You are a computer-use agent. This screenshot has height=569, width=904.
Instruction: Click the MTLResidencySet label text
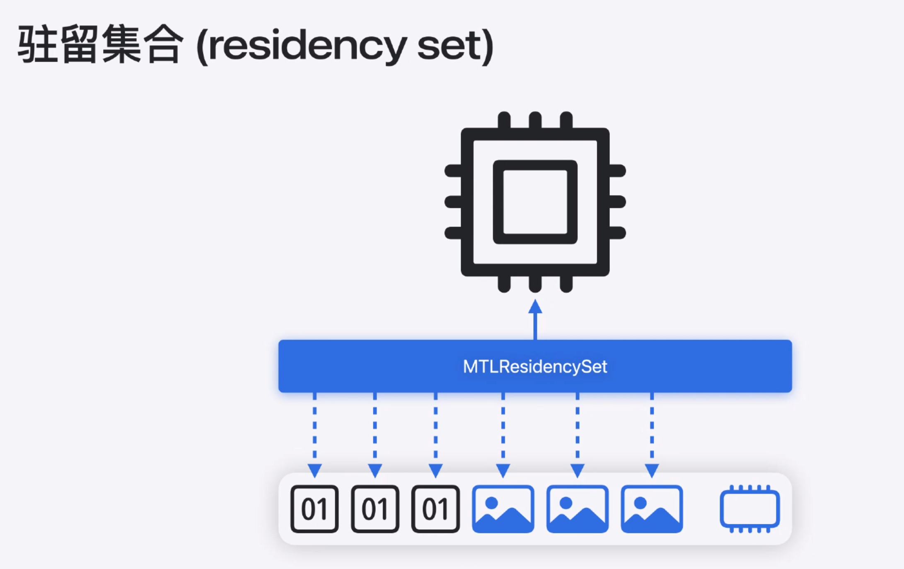(535, 366)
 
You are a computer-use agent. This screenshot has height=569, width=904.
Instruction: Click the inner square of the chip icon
(535, 202)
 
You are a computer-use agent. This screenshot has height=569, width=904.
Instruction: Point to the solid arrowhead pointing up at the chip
(535, 307)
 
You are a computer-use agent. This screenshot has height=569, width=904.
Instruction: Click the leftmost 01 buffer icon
(314, 509)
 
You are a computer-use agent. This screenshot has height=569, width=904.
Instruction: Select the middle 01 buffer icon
(375, 509)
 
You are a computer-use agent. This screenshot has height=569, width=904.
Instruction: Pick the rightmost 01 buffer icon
(435, 509)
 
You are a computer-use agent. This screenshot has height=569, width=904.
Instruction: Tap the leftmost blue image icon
(503, 509)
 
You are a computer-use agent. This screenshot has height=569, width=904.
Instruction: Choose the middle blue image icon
(578, 509)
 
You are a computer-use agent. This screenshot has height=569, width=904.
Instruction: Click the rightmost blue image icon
(652, 509)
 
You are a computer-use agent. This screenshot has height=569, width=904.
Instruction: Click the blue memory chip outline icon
(750, 509)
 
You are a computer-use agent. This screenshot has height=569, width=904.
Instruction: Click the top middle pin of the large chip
(535, 120)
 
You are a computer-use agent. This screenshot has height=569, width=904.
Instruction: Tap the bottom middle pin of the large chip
(535, 284)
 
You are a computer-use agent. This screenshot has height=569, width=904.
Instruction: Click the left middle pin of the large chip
(453, 202)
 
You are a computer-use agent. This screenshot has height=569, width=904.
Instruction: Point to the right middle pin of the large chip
(617, 202)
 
